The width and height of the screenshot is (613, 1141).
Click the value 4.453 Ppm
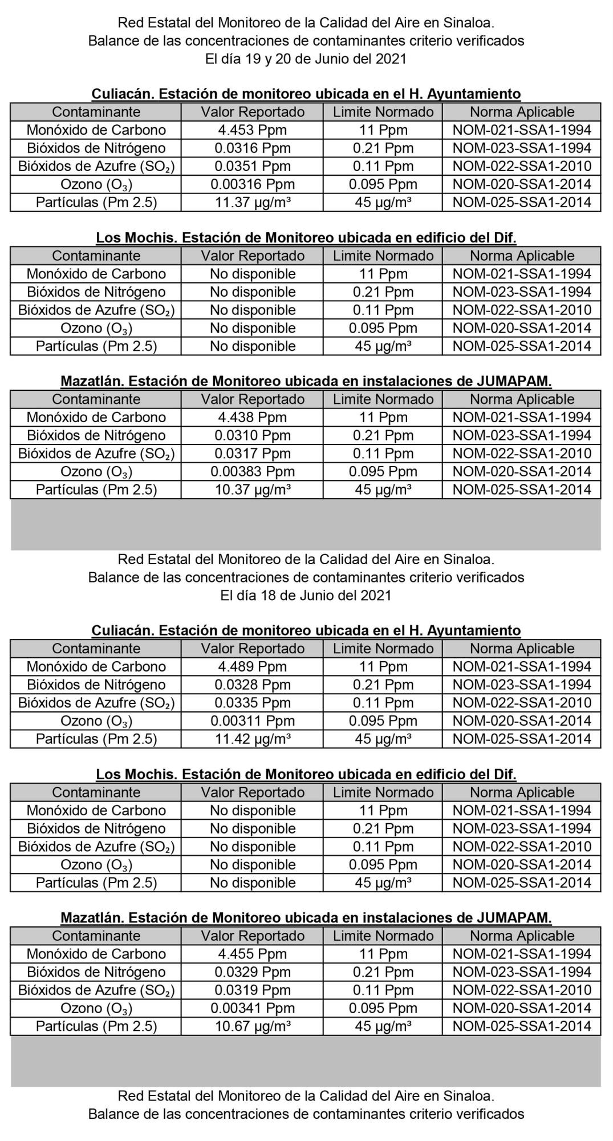252,130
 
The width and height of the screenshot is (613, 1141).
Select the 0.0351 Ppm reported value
252,167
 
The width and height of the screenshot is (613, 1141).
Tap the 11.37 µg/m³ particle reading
252,203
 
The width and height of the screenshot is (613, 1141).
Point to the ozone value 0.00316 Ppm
252,184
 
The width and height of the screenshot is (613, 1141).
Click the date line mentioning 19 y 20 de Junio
306,59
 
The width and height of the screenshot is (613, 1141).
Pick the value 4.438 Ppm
252,417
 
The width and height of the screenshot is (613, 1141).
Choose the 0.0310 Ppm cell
252,435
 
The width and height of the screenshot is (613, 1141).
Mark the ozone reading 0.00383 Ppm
252,472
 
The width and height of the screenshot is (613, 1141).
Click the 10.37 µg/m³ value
252,489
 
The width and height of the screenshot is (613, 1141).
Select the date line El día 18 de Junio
306,595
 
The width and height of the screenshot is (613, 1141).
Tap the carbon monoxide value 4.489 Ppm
252,666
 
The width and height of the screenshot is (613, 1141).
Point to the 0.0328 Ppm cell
252,685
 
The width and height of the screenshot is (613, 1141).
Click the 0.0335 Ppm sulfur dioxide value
252,703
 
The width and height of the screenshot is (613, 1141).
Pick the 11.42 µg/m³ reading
252,739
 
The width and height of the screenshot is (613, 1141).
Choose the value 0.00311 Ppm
252,721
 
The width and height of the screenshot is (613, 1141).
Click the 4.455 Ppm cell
252,954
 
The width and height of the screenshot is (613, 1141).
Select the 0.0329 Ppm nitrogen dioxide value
252,972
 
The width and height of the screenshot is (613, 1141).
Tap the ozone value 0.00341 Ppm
252,1008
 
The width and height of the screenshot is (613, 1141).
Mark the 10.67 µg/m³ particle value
252,1026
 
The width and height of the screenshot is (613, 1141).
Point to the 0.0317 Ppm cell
252,454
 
